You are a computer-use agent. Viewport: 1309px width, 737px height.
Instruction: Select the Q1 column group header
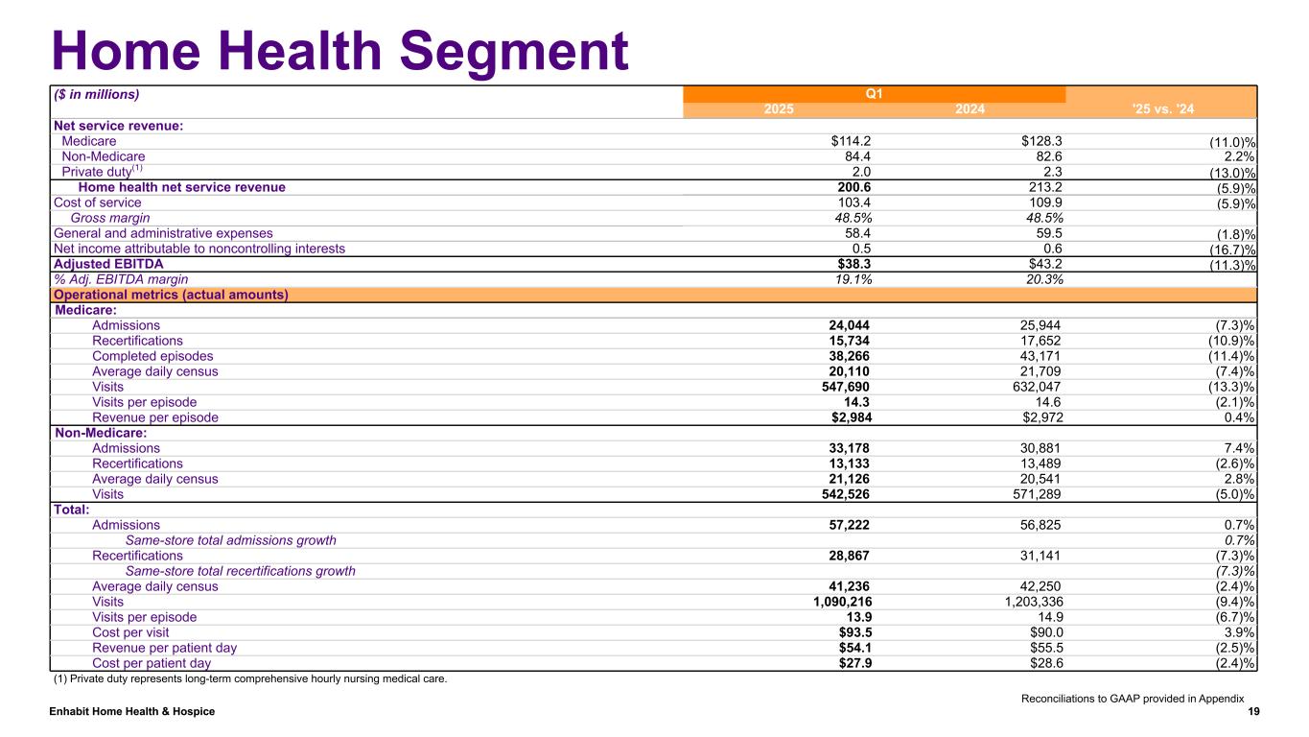click(x=874, y=94)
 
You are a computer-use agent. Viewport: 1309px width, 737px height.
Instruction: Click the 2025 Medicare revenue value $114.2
click(x=851, y=141)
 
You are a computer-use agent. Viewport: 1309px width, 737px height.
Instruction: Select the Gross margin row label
click(x=109, y=218)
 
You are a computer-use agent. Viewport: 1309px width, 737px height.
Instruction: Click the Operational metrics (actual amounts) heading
click(x=172, y=295)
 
